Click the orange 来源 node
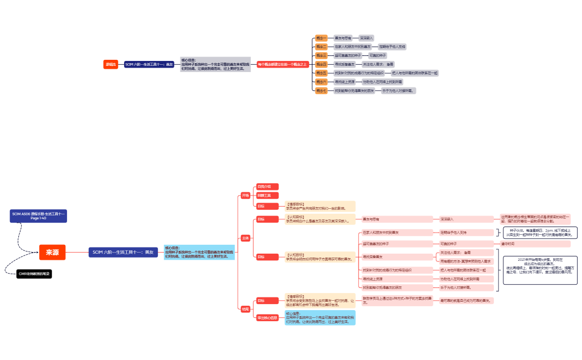pos(52,252)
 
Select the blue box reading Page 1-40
pos(39,215)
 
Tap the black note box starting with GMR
pos(34,274)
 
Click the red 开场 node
pos(245,195)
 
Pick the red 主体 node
pos(245,238)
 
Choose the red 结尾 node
pos(245,308)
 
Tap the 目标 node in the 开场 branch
pos(261,206)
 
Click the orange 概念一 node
pos(321,38)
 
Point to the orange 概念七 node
pos(321,90)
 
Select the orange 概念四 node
pos(321,64)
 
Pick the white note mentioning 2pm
pos(540,233)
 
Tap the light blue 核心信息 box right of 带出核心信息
pos(320,317)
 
